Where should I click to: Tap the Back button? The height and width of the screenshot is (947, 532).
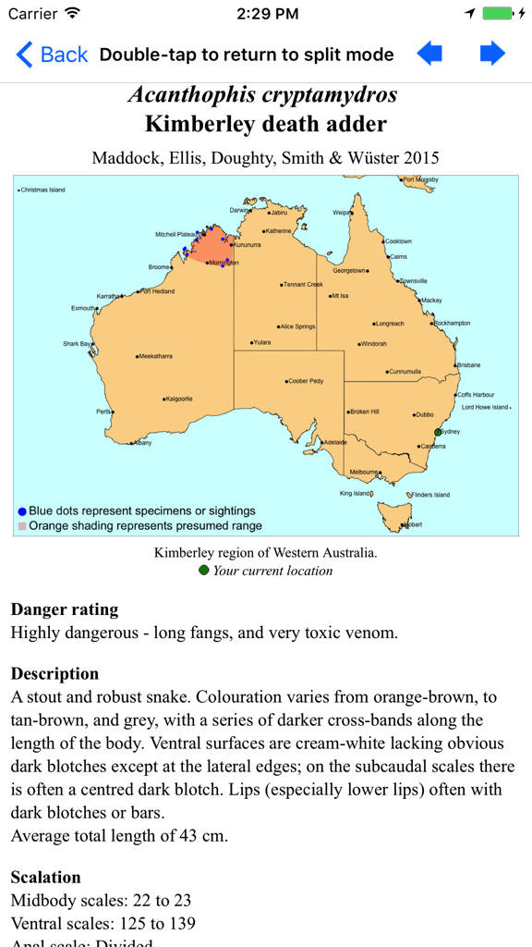pos(53,55)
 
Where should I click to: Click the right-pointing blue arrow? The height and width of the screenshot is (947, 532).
pos(492,54)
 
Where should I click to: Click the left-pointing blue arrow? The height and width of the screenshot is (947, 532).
pos(429,54)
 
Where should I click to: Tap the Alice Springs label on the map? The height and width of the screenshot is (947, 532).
pos(297,326)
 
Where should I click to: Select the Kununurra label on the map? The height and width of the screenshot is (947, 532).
pos(247,245)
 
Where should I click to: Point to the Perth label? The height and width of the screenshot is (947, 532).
pos(103,412)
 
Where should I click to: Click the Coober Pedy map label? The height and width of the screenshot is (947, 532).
pos(305,381)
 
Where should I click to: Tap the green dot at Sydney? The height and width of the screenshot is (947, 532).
pos(439,431)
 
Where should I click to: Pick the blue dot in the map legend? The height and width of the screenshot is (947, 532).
pos(22,510)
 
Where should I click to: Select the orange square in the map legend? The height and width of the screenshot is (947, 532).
pos(22,525)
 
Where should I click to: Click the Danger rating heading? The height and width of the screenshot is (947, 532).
pos(65,609)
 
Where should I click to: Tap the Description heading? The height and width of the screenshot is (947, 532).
pos(54,673)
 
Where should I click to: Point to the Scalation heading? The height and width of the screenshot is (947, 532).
pos(45,877)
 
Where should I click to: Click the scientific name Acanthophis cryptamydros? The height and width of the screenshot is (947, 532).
pos(263,94)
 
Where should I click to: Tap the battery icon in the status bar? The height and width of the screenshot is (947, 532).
pos(497,14)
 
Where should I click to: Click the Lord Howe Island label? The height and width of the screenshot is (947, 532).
pos(485,407)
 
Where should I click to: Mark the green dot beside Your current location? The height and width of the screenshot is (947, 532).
pos(204,570)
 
